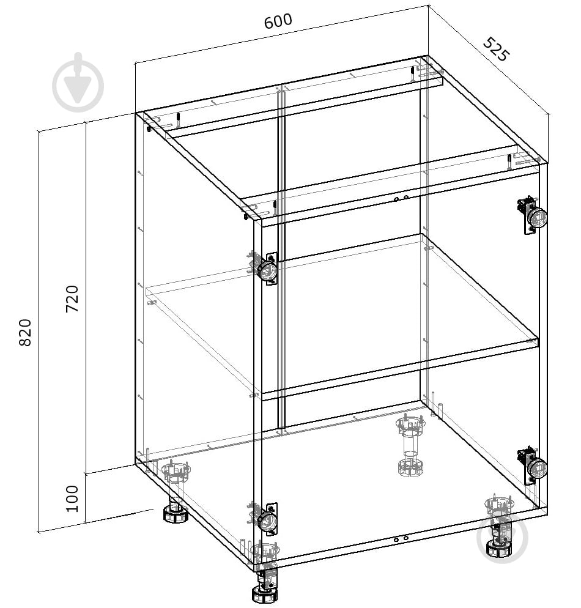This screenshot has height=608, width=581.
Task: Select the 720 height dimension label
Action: [72, 298]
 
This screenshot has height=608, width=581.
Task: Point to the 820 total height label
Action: [25, 332]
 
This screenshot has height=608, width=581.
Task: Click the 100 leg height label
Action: [72, 499]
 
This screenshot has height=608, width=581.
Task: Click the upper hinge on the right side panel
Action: [533, 215]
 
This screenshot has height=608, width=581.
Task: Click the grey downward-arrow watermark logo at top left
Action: [78, 82]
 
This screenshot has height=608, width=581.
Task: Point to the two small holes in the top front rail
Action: [401, 199]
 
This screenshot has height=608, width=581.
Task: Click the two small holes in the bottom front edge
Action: [401, 539]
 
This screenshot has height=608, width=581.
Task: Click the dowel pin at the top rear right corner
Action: [413, 74]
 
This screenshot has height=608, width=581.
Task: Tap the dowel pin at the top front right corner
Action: [509, 163]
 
